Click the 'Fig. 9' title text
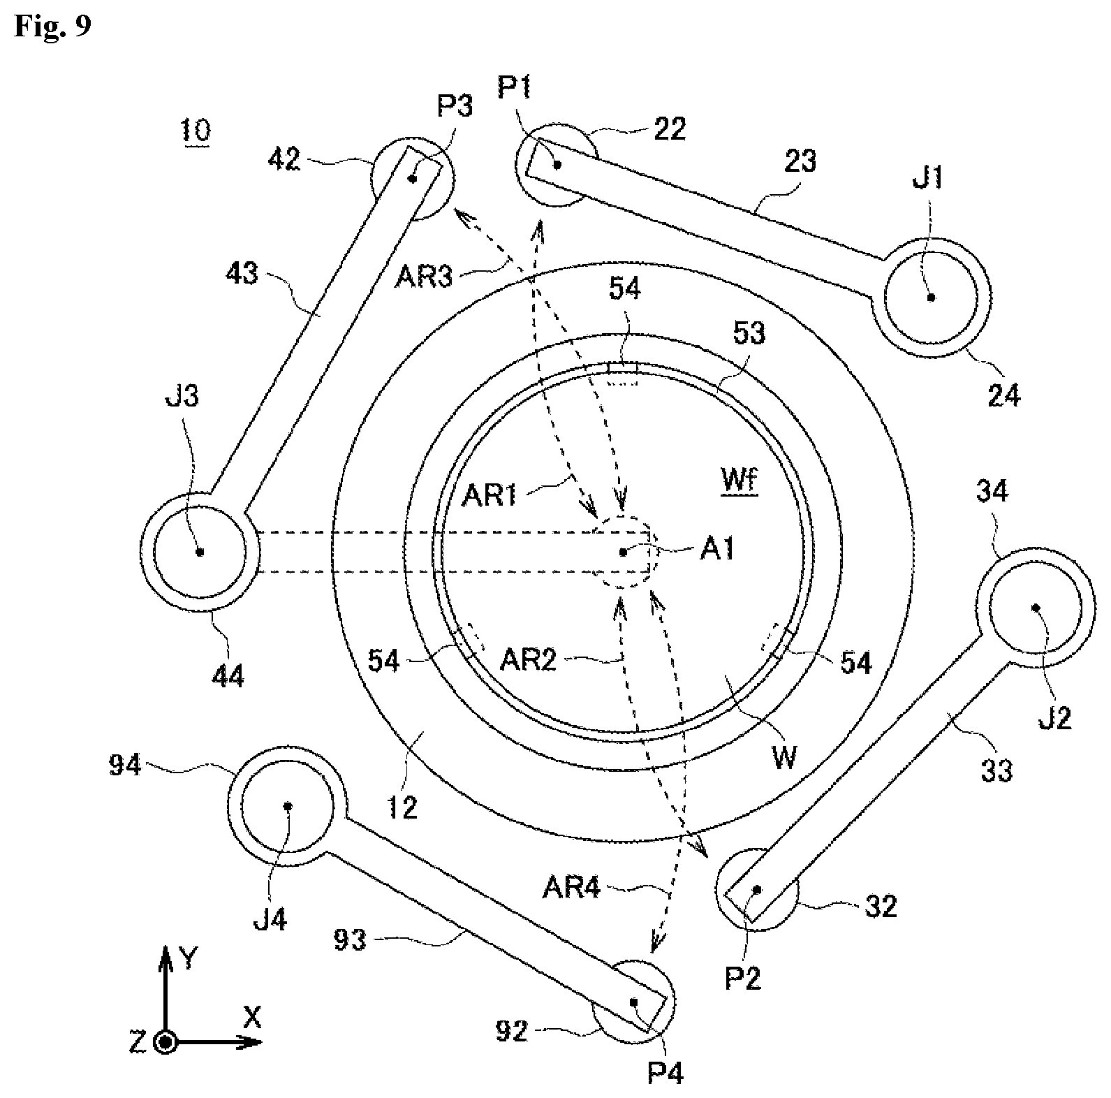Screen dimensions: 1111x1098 [x=52, y=26]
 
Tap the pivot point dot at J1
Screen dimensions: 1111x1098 [x=930, y=297]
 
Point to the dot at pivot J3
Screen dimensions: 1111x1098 [x=200, y=552]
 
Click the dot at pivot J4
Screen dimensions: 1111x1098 [x=287, y=806]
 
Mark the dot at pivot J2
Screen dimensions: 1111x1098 [x=1036, y=608]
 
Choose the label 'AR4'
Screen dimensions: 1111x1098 [x=571, y=888]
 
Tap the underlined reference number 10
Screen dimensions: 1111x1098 [x=196, y=131]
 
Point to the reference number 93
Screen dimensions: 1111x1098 [x=350, y=940]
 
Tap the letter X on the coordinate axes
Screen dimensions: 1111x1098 [x=251, y=1018]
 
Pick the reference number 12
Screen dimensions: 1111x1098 [x=402, y=807]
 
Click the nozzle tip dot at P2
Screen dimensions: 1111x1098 [x=756, y=890]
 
